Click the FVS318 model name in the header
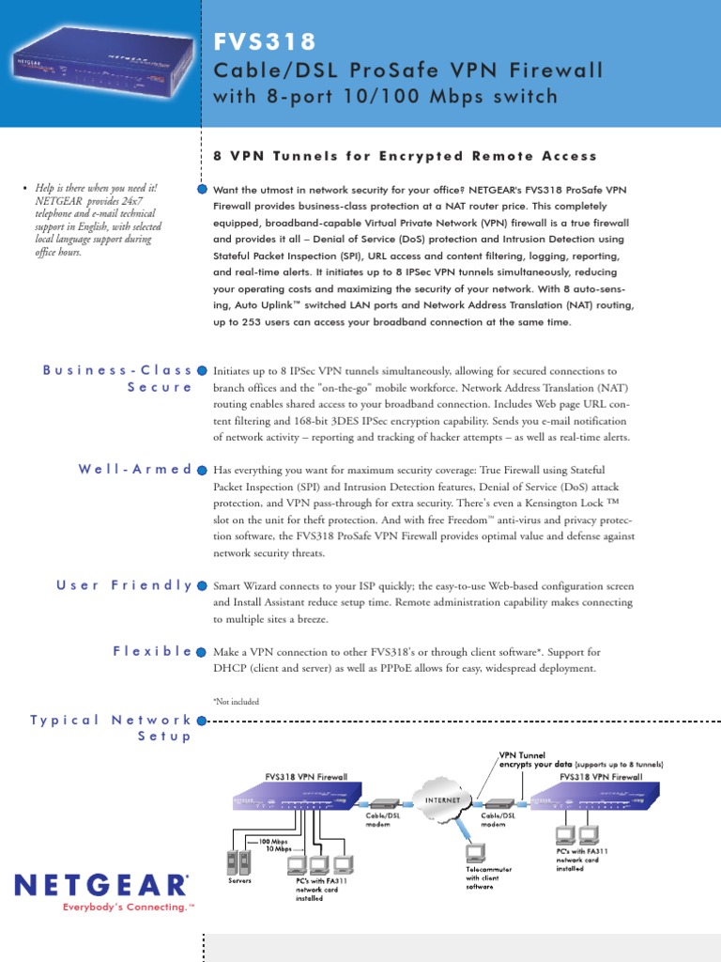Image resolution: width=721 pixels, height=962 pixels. tap(266, 42)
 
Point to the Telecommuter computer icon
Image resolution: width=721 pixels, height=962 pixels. tap(475, 853)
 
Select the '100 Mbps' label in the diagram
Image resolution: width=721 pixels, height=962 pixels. tap(273, 841)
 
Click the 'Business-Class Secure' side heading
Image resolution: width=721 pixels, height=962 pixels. tap(118, 379)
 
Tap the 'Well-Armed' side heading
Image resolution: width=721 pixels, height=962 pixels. tap(135, 469)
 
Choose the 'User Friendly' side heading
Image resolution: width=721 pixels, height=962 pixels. tap(124, 585)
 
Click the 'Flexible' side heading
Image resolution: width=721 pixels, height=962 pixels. tap(153, 650)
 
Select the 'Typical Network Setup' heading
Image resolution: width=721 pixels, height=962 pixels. tap(111, 728)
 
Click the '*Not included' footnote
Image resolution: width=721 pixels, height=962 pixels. tap(237, 701)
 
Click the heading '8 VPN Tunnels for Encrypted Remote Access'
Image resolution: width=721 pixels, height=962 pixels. tap(406, 156)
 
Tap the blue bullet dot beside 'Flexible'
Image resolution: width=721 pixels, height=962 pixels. tap(202, 651)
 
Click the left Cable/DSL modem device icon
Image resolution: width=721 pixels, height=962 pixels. tap(383, 803)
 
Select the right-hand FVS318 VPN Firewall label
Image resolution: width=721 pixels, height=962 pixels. tap(601, 777)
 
